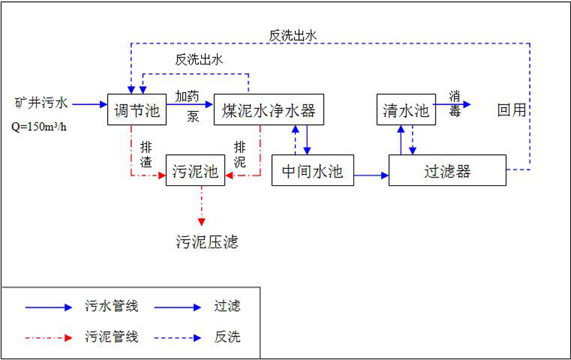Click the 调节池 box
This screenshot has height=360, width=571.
tap(134, 110)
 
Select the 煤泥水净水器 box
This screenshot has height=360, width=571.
tap(269, 110)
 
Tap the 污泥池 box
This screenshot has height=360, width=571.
tap(195, 171)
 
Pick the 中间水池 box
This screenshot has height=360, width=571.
tap(312, 171)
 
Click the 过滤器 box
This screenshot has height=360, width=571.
tap(447, 171)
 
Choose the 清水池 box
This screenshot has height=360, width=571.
tap(406, 110)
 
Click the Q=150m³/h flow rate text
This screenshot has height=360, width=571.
tap(39, 126)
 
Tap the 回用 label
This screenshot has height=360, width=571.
tap(512, 110)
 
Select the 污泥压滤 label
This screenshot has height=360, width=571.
tap(207, 242)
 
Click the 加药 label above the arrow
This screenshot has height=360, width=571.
tap(187, 96)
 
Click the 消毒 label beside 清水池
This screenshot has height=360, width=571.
tap(455, 103)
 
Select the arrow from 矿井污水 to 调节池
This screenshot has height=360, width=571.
tap(89, 104)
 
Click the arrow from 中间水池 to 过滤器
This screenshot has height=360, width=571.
tap(371, 175)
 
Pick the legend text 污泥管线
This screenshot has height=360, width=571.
tap(112, 337)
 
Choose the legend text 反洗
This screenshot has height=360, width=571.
tap(227, 337)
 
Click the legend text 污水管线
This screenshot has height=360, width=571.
tap(112, 306)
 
